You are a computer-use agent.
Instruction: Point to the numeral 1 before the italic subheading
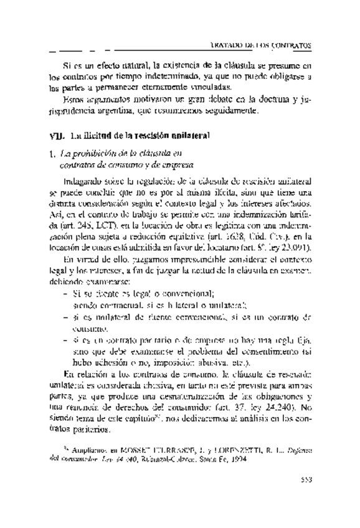coord(52,154)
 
